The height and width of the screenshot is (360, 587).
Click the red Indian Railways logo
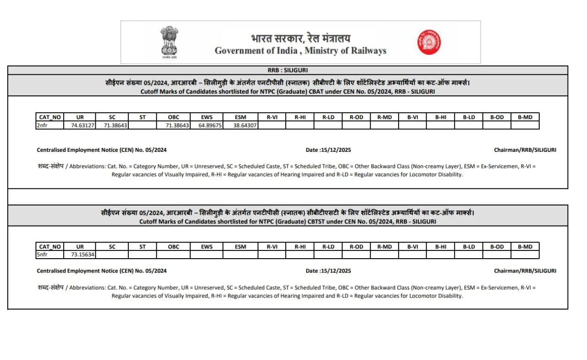[x=429, y=42]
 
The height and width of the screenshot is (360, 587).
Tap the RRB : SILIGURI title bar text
[x=288, y=70]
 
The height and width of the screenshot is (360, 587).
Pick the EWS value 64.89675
[x=207, y=125]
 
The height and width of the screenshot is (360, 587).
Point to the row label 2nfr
[x=42, y=125]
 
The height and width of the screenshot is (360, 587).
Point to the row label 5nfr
[x=42, y=255]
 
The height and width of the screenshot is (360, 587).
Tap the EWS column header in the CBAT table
[x=207, y=117]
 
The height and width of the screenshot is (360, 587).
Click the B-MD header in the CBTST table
[x=525, y=247]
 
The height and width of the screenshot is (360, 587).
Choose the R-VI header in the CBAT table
[x=272, y=117]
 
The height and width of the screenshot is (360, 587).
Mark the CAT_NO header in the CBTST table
[x=50, y=247]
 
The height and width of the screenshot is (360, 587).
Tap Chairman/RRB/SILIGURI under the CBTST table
[x=525, y=271]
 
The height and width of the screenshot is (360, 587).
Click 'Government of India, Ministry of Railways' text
[x=300, y=51]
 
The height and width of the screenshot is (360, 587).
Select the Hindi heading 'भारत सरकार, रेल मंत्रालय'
[x=300, y=39]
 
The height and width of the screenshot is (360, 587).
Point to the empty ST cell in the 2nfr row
[x=142, y=125]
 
